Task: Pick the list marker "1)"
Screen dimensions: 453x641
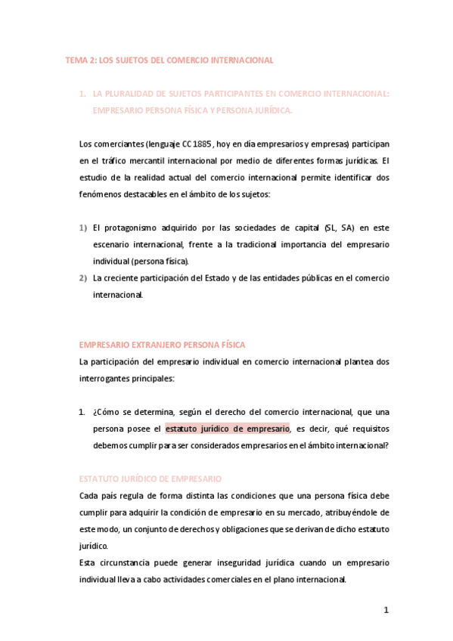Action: click(83, 228)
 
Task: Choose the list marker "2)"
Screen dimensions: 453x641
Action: click(83, 278)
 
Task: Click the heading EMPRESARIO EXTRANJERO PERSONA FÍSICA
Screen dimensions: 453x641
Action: click(162, 345)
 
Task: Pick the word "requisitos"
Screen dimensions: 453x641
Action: click(366, 429)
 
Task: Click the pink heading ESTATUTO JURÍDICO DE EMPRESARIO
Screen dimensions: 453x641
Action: click(150, 479)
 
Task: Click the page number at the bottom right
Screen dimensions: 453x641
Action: click(385, 611)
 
